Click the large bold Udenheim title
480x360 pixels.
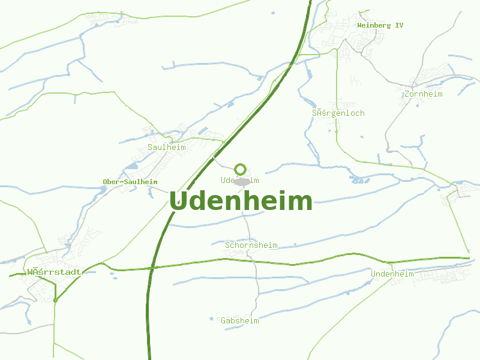pos(241,201)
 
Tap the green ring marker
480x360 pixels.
pos(241,169)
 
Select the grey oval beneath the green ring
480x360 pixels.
pos(242,181)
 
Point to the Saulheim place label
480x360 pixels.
pos(167,147)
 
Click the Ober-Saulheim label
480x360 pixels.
pos(130,182)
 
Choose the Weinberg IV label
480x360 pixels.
pos(380,26)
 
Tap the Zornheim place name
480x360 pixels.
pos(424,94)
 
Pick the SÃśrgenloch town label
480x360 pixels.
pos(338,113)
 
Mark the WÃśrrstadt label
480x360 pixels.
pos(54,272)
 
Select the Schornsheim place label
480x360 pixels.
pos(251,245)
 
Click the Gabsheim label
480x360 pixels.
pos(240,320)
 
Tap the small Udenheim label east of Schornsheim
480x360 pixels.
pos(392,274)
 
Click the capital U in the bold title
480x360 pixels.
pos(179,201)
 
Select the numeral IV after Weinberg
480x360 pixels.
pos(399,26)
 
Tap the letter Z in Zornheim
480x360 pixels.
pos(407,94)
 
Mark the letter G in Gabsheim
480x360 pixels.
pos(223,320)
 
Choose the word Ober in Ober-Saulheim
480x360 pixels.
pos(111,182)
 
